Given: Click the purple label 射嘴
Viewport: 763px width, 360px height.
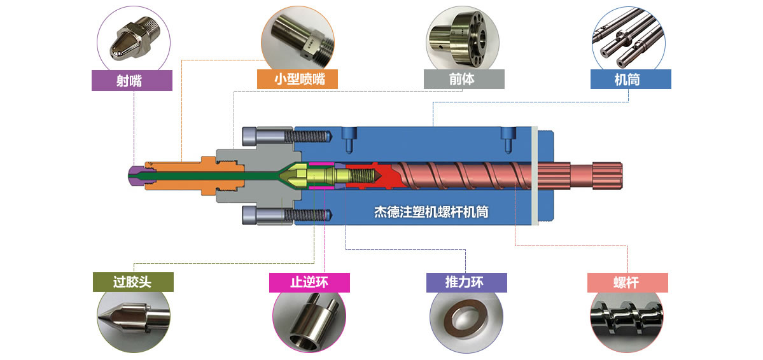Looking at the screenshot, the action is click(132, 80).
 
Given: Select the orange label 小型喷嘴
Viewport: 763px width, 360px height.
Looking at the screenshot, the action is click(298, 80).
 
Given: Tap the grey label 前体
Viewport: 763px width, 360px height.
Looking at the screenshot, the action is click(464, 79).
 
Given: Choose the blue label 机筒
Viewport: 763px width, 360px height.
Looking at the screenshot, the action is click(631, 79).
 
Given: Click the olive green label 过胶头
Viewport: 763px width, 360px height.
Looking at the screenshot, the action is click(133, 282).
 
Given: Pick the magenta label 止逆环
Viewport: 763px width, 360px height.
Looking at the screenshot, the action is click(309, 282).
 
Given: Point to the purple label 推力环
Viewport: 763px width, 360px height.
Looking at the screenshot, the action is click(466, 282).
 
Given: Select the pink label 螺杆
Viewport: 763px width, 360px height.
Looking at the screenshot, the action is click(627, 282).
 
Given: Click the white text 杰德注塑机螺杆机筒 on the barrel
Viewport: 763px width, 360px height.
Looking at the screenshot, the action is click(431, 212).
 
